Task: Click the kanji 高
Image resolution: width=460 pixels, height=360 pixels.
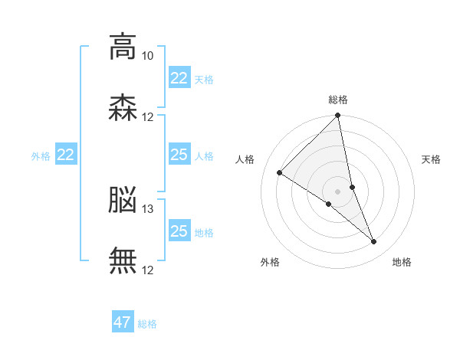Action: pos(123,47)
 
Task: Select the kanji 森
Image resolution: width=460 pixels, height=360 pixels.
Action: pos(123,107)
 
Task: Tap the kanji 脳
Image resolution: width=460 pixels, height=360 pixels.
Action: pos(123,200)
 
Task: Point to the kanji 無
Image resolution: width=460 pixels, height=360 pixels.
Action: pos(123,260)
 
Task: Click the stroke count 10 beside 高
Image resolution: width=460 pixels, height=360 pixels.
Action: pos(147,56)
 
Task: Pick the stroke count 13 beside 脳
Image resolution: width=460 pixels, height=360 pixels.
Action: pos(147,209)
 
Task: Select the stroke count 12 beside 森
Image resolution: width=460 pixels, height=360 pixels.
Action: pos(147,117)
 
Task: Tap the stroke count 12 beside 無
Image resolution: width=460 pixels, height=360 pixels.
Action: pos(147,270)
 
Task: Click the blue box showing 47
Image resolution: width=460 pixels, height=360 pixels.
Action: pos(123,321)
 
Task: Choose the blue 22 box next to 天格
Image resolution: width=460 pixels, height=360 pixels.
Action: pos(179,77)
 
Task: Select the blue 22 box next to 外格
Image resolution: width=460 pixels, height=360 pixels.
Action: pos(66,154)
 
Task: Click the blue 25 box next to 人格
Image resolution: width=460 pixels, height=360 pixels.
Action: pos(179,154)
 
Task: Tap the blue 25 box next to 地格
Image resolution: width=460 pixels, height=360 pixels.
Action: pos(179,230)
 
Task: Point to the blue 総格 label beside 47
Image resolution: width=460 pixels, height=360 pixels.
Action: pos(147,324)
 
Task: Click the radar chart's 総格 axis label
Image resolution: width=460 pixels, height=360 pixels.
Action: pos(338,100)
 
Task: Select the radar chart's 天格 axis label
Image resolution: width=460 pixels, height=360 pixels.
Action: pos(431,159)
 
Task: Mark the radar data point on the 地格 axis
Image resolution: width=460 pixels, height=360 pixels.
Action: pos(374,242)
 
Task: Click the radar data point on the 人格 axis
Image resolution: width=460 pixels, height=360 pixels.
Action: pos(280,172)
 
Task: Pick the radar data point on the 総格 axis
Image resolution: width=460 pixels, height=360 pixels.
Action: pos(337,115)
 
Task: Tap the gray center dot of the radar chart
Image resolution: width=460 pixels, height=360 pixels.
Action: pos(337,191)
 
